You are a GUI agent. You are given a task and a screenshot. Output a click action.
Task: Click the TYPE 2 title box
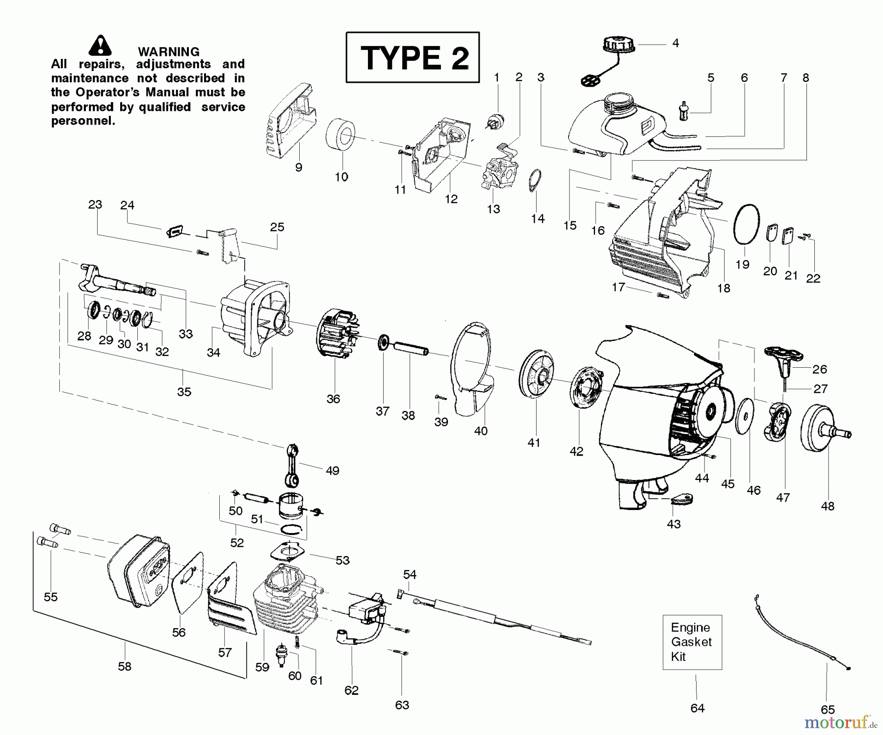coord(412,57)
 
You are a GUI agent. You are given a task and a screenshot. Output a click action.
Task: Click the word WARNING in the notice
coord(168,51)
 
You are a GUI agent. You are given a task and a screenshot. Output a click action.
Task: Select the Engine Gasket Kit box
coord(692,642)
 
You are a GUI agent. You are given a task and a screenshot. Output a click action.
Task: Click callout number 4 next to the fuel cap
coord(675,43)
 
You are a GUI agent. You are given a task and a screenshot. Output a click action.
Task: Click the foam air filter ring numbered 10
coord(341,135)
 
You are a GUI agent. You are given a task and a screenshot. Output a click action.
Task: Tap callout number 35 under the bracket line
coord(184,392)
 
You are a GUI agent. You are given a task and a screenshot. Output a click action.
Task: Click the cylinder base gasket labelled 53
coord(288,552)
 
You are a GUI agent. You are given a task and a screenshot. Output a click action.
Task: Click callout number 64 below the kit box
coord(697,708)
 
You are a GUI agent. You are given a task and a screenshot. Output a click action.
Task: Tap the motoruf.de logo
coord(840,722)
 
